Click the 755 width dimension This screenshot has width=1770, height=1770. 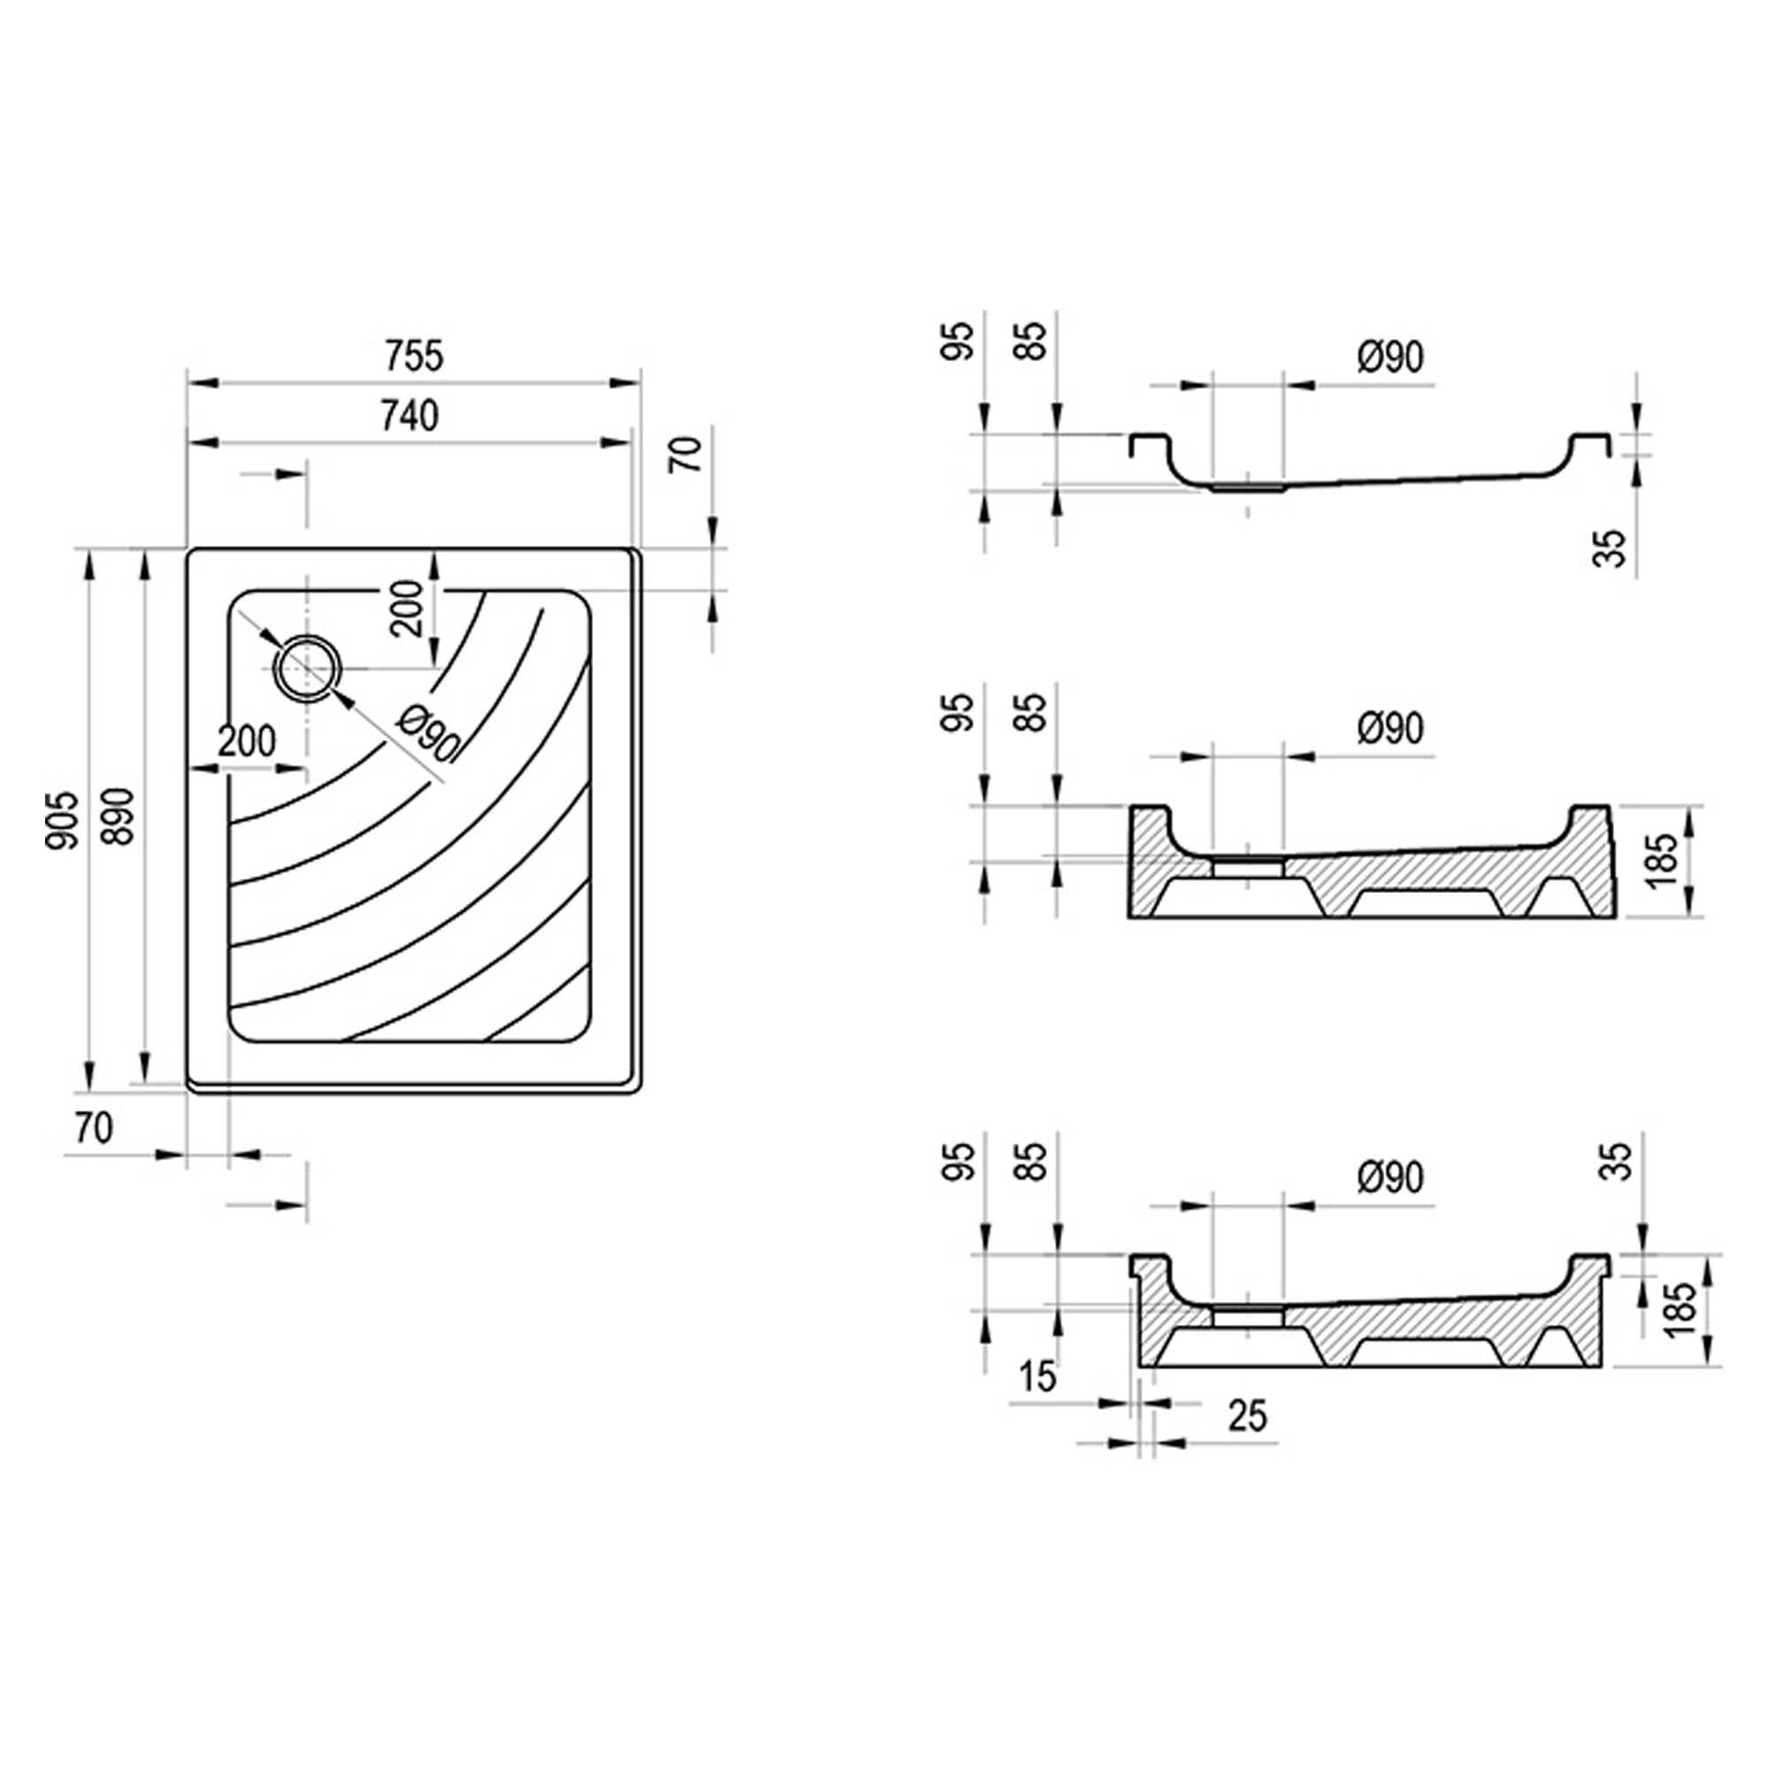point(413,356)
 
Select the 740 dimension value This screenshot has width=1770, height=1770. point(410,416)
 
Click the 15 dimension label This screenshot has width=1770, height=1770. point(1038,1377)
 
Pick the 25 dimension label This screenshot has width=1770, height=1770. point(1248,1415)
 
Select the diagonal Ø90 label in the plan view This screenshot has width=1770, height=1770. point(427,735)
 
